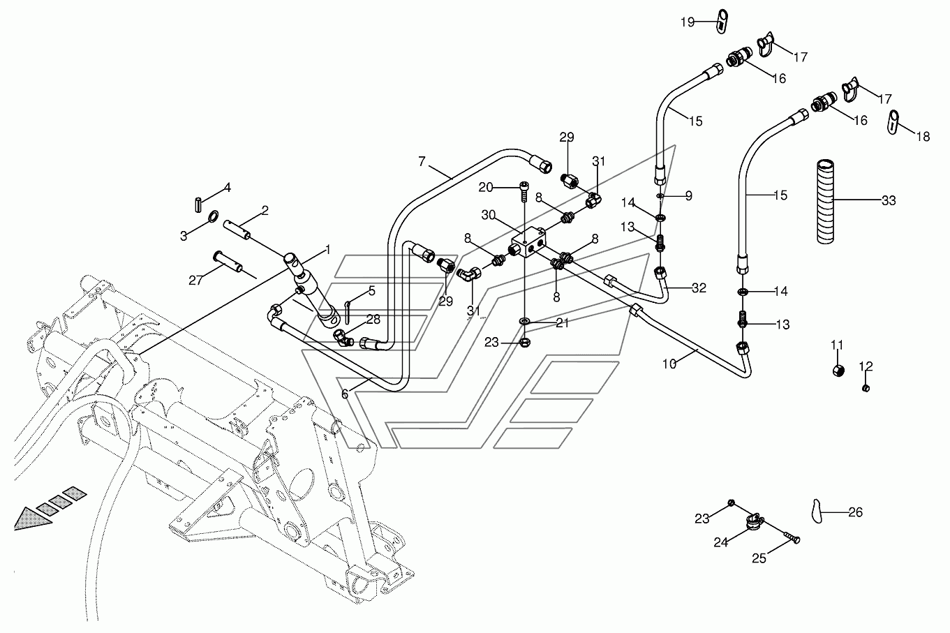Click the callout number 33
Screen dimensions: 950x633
889,200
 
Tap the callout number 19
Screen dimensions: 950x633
688,22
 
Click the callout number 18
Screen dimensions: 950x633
923,137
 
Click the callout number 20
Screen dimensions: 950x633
486,187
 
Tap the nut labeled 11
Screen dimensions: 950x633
838,371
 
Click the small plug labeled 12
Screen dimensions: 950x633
866,387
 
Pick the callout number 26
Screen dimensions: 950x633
856,512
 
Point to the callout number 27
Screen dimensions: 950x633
195,281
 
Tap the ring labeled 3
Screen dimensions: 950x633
214,216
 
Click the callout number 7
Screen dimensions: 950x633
422,161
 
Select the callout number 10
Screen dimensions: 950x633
669,364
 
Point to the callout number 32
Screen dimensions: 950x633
699,288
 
